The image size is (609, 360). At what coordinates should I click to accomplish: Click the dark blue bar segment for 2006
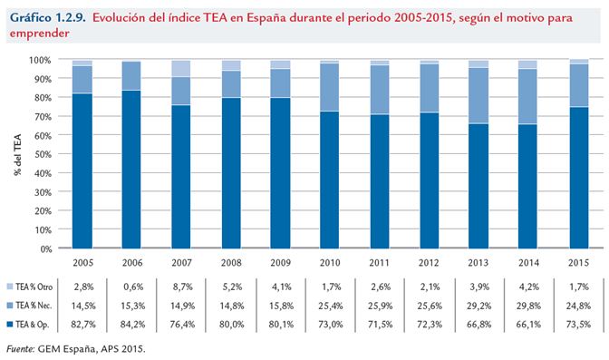click(x=132, y=169)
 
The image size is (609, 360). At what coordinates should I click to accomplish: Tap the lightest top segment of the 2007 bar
click(x=181, y=68)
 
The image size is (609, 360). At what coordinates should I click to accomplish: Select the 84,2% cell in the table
click(x=132, y=324)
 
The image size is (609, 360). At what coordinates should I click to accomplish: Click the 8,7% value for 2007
click(x=181, y=287)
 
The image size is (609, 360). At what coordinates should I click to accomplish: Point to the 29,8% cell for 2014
click(x=527, y=306)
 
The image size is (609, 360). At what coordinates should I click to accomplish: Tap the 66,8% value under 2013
click(x=478, y=324)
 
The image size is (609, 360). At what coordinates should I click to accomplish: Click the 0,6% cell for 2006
click(x=132, y=287)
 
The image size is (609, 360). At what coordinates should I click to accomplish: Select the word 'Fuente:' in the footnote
click(x=21, y=347)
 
